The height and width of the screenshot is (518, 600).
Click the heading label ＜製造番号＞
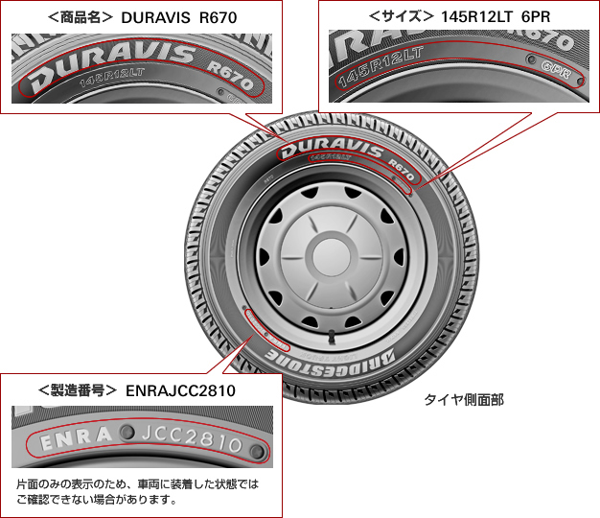[76, 390]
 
